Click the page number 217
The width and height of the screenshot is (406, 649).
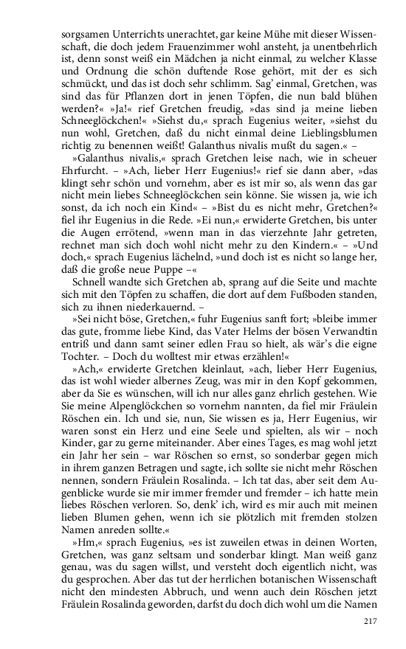coord(371,620)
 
